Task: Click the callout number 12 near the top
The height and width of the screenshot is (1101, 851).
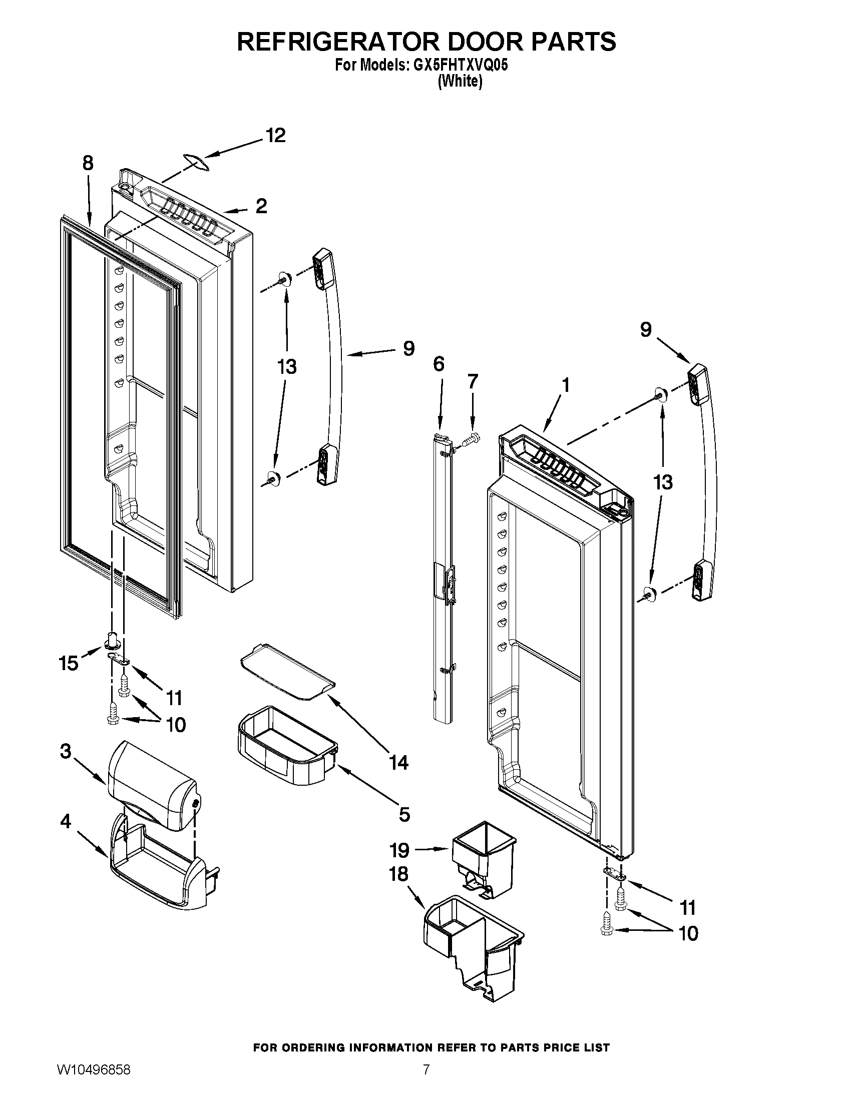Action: coord(275,135)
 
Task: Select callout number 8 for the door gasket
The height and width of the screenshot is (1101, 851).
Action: coord(88,163)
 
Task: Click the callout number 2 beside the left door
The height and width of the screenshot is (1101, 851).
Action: coord(261,206)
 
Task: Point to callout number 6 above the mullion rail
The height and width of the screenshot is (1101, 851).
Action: coord(439,363)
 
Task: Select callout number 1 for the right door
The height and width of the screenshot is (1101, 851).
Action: coord(566,385)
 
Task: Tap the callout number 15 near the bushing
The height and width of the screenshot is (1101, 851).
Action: coord(69,663)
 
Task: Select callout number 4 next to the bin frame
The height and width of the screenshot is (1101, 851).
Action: coord(66,821)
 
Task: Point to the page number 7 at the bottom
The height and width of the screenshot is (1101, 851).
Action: coord(426,1080)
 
